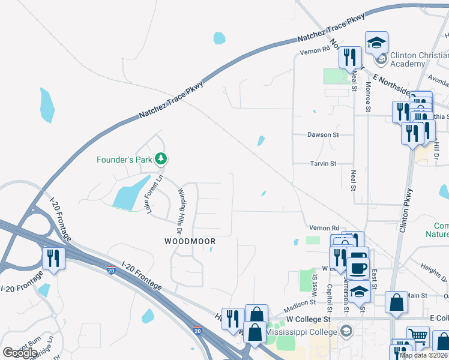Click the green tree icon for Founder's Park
click(x=160, y=159)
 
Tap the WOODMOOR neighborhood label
click(x=190, y=241)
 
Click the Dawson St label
click(x=323, y=135)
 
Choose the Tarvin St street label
click(x=322, y=163)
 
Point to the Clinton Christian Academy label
click(x=415, y=59)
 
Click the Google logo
click(x=20, y=353)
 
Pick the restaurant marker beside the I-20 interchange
click(x=53, y=259)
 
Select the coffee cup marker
click(x=358, y=268)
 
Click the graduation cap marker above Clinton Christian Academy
click(x=376, y=42)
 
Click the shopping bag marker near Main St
click(x=397, y=303)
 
